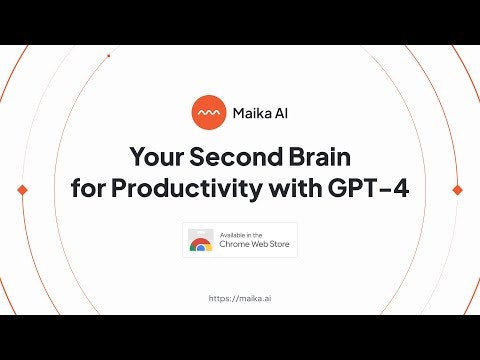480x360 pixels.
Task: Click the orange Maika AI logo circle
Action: coord(209,112)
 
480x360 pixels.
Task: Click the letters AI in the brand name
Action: coord(281,113)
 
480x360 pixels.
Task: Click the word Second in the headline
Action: coord(237,156)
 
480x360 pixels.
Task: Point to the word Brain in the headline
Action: coord(320,156)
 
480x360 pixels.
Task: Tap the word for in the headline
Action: coord(88,188)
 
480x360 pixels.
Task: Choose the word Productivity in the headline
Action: coord(187,190)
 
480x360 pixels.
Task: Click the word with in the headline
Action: coord(296,188)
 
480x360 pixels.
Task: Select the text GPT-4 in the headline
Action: coord(368,188)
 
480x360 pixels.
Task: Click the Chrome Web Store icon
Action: coord(201,240)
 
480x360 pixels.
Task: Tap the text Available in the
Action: coord(241,235)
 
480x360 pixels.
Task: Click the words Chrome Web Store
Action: coord(254,244)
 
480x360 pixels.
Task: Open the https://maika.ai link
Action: coord(240,298)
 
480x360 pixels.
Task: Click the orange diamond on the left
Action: coord(22,190)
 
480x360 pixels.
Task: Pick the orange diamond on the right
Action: coord(457,190)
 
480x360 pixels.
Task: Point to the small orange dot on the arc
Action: coord(108,56)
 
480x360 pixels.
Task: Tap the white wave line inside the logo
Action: coord(209,113)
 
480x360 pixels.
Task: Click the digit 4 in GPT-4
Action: coord(401,188)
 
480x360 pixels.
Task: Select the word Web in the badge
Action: coord(259,244)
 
